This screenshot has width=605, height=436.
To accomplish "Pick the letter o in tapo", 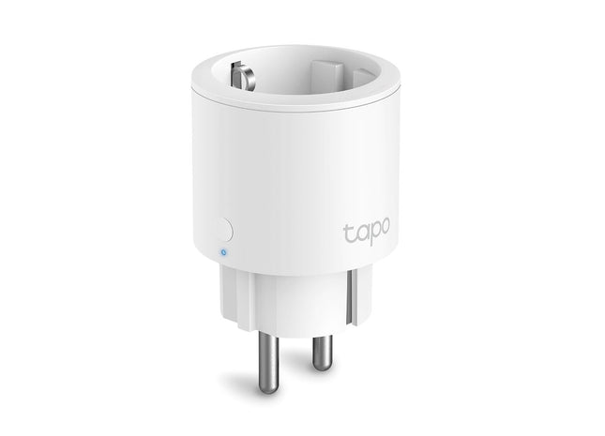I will pyautogui.click(x=381, y=229).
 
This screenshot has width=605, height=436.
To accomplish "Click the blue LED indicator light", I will pyautogui.click(x=219, y=250).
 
